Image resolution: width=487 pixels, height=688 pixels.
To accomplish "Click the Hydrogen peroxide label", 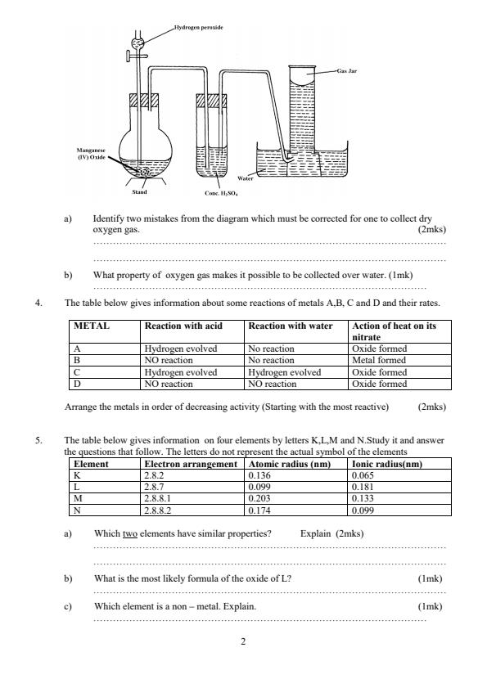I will click(x=199, y=27).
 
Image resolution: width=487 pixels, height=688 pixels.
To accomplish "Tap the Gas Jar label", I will click(x=347, y=71).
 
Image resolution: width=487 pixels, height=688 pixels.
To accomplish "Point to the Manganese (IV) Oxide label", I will click(x=88, y=154).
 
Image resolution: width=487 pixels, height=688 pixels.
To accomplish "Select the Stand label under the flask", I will click(x=140, y=192).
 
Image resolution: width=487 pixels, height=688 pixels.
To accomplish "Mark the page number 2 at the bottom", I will click(x=243, y=642).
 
